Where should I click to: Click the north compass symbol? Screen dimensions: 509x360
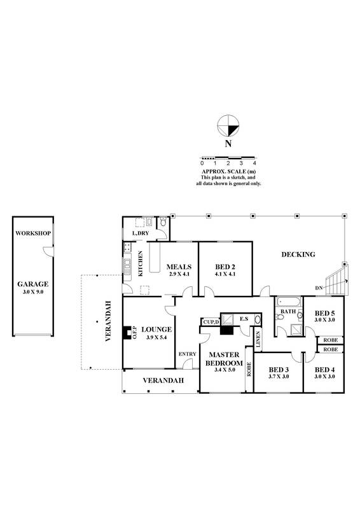coord(228,126)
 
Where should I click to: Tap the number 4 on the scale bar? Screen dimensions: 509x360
coord(254,164)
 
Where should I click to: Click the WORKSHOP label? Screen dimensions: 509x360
coord(33,234)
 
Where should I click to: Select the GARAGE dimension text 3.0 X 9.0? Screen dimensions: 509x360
coord(33,292)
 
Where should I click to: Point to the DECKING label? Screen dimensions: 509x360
coord(298,254)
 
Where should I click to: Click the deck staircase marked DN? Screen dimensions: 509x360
coord(335,279)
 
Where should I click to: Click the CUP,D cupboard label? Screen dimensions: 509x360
coord(211,322)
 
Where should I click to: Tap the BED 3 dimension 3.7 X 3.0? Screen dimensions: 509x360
coord(279,377)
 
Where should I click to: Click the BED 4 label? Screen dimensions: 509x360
coord(324,369)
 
